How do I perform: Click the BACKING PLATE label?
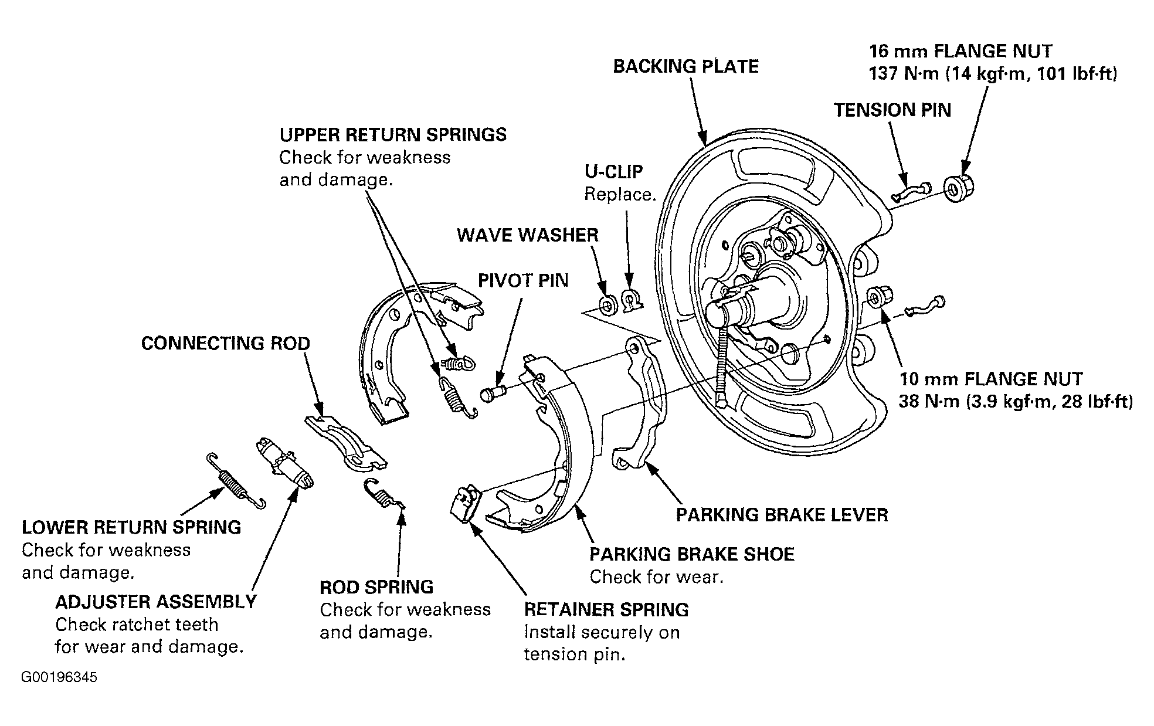(x=685, y=66)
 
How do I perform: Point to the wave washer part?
(x=606, y=304)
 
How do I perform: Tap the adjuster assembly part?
(x=284, y=463)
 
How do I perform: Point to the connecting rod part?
(x=346, y=442)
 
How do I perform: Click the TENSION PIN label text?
(x=892, y=110)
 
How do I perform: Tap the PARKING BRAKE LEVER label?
(x=782, y=515)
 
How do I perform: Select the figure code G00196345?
(x=60, y=678)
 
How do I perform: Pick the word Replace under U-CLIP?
(x=620, y=194)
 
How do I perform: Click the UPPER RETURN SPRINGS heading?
(x=393, y=135)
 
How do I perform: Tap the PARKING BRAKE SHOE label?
(x=692, y=554)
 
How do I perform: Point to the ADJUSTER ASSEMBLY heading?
(x=156, y=602)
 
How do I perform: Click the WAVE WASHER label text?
(x=528, y=235)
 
